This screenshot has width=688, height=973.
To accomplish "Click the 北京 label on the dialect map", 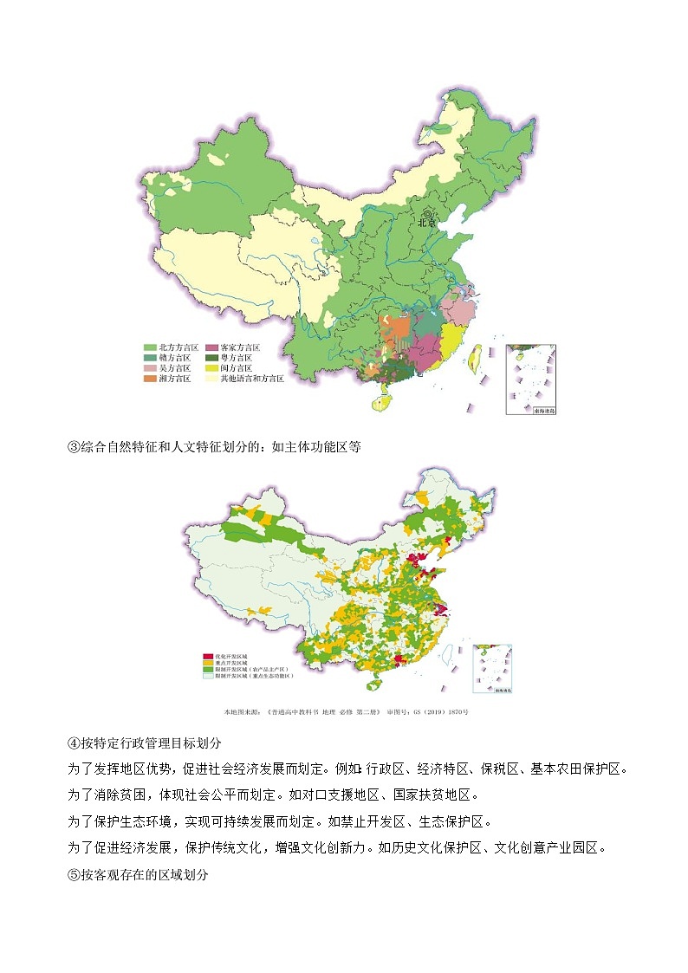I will click(x=427, y=222).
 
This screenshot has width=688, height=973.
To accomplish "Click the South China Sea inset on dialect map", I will click(x=530, y=379).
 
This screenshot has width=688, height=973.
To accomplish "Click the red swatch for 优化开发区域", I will click(x=207, y=657).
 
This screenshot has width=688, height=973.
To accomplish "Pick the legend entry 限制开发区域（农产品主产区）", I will click(x=251, y=669).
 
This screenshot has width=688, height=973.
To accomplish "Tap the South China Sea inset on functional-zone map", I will click(x=492, y=668).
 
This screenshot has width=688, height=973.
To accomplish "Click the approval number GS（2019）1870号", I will click(x=441, y=712).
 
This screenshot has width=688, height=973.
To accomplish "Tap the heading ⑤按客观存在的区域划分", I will click(x=139, y=874).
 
